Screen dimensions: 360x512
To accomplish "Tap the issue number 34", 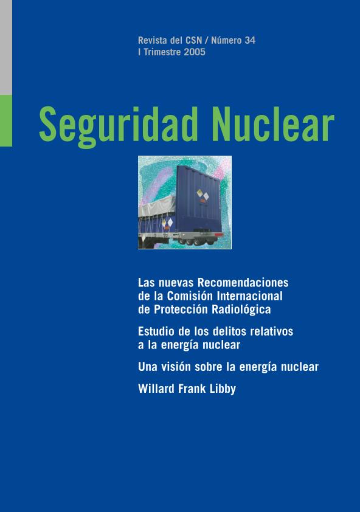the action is (250, 40).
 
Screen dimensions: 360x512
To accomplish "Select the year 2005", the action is (195, 52).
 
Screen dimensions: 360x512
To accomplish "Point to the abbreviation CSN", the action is (194, 40).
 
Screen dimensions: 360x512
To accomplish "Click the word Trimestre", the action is (162, 52).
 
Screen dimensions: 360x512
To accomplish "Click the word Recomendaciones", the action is (243, 282).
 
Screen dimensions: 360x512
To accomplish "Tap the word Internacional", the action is (249, 296).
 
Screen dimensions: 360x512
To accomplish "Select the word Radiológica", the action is (241, 310).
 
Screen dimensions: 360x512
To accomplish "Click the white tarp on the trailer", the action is (157, 206).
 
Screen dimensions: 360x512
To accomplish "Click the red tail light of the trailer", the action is (218, 235).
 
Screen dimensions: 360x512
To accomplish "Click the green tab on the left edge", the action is (6, 121).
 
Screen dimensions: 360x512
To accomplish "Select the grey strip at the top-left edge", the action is (6, 47).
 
